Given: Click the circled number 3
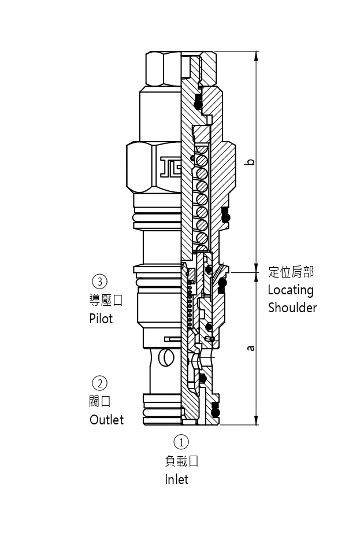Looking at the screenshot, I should coord(100,282).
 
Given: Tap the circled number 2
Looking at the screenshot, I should coord(100,383).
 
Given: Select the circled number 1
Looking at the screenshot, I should coord(181,442).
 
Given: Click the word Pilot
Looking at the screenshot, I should coord(101,318).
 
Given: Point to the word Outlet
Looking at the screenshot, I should coord(106,420).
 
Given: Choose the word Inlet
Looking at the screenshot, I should coord(176,479).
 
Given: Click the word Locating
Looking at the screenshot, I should coord(290,290).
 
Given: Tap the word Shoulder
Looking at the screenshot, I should coord(292,308).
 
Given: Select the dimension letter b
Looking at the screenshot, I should coord(250,161).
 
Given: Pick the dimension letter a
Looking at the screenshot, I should coord(250,348).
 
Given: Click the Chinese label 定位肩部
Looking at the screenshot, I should coord(291,272).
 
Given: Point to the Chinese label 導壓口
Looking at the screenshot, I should coord(106,300).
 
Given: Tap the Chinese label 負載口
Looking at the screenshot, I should coord(181,461).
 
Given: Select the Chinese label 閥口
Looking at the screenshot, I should coord(99,401).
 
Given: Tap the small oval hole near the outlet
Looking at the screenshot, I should coord(165,358).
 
